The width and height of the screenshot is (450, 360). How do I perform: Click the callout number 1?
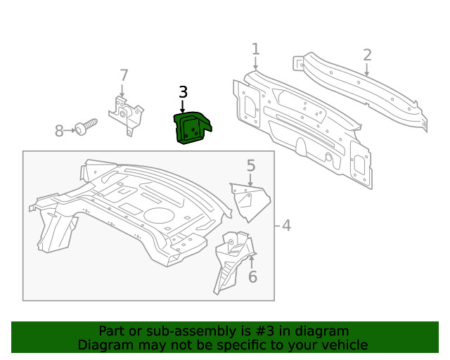point(255,49)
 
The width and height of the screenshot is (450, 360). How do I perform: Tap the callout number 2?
point(367,55)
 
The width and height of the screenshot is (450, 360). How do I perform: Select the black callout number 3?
point(183,92)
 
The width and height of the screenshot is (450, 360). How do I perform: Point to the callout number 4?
point(286,226)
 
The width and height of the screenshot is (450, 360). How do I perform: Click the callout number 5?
point(250,166)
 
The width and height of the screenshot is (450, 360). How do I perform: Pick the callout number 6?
point(252,277)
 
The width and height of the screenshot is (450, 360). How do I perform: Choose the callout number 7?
point(124,75)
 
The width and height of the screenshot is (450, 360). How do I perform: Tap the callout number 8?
point(60,130)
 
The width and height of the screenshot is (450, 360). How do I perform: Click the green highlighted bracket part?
point(191,128)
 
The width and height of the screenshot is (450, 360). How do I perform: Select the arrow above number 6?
point(252,262)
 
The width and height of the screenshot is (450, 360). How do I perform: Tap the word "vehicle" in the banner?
point(343,345)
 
